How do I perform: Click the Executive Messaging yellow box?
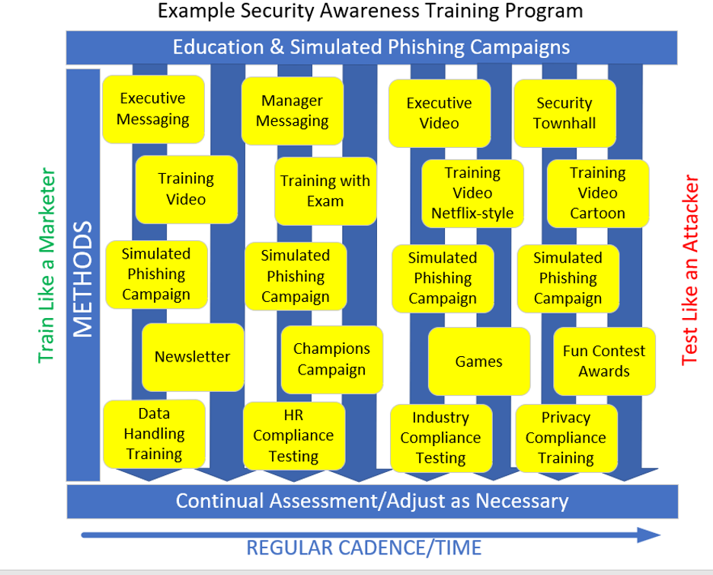click(153, 109)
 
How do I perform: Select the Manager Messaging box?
click(293, 111)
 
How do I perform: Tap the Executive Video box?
click(440, 113)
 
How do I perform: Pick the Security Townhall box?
click(564, 113)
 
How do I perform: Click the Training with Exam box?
click(325, 191)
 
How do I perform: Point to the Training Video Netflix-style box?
click(472, 193)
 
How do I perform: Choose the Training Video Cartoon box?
click(598, 193)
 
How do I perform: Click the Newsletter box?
click(193, 356)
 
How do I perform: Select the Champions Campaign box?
click(331, 359)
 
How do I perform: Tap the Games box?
click(479, 361)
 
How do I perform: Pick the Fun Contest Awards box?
click(604, 361)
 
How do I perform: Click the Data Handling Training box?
click(154, 434)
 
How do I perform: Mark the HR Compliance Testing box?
click(293, 435)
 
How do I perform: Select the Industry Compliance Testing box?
click(441, 438)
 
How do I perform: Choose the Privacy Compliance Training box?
click(566, 438)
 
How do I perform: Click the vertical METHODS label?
click(84, 279)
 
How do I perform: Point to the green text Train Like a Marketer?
click(47, 266)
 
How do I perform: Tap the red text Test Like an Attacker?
click(690, 271)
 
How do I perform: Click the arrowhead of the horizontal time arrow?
click(651, 535)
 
